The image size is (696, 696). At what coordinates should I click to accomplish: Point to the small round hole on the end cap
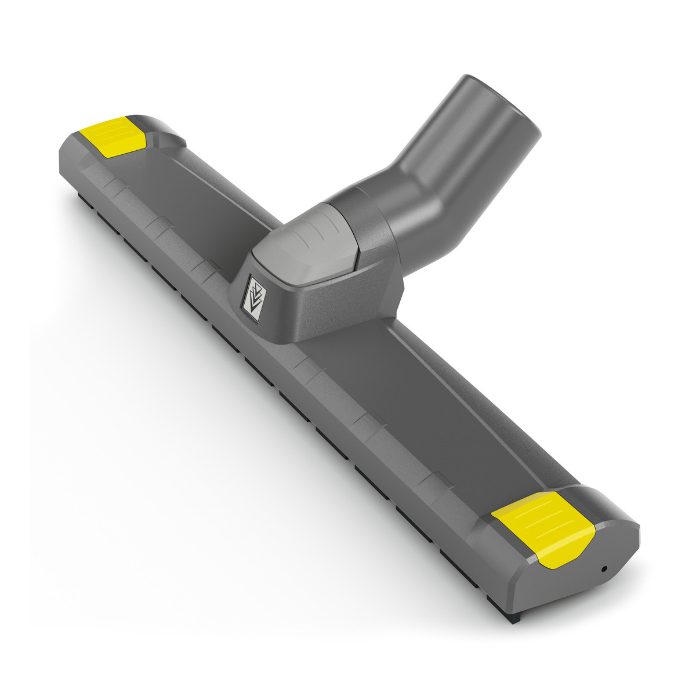coord(604,569)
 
